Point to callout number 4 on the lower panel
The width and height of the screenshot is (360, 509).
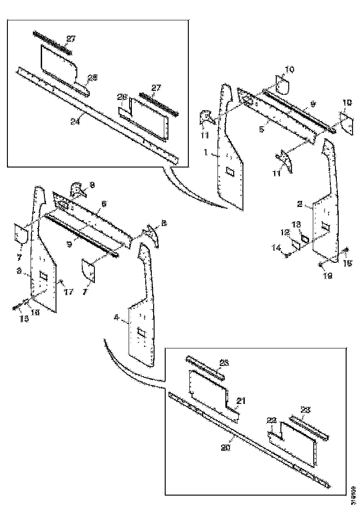tap(117, 317)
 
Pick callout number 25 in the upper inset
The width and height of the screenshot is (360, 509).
tap(93, 78)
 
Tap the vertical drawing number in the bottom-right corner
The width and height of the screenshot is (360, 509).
tap(354, 490)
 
